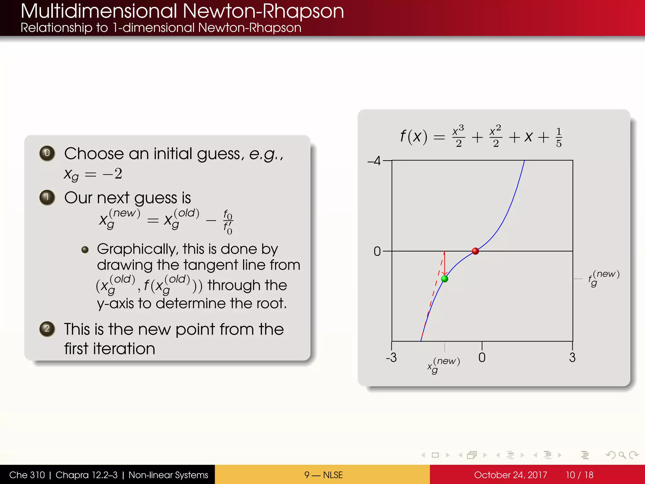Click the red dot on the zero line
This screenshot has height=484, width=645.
(x=476, y=251)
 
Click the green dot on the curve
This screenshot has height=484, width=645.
(x=444, y=279)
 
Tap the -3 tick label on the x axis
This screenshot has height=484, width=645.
(x=391, y=358)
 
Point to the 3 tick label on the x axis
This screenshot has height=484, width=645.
(x=572, y=358)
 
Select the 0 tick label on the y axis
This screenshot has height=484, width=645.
(x=377, y=251)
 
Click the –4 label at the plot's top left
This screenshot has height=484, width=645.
(x=374, y=161)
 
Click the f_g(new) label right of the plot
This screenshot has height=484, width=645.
(x=603, y=278)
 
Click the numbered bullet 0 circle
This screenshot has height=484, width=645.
(x=47, y=153)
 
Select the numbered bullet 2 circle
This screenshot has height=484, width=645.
(x=47, y=329)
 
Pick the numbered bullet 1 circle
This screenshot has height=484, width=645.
(x=47, y=198)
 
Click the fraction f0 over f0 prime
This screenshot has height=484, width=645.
(x=228, y=222)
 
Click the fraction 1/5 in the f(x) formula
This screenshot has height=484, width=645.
(x=559, y=137)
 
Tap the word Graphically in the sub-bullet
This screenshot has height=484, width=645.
(x=137, y=249)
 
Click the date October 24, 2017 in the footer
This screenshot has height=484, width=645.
(x=510, y=475)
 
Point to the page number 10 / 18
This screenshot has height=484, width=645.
(x=579, y=475)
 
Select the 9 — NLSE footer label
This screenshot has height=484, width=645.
(x=323, y=475)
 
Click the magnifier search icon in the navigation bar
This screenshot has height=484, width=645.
(x=622, y=455)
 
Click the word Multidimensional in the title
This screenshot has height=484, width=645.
(x=99, y=11)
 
